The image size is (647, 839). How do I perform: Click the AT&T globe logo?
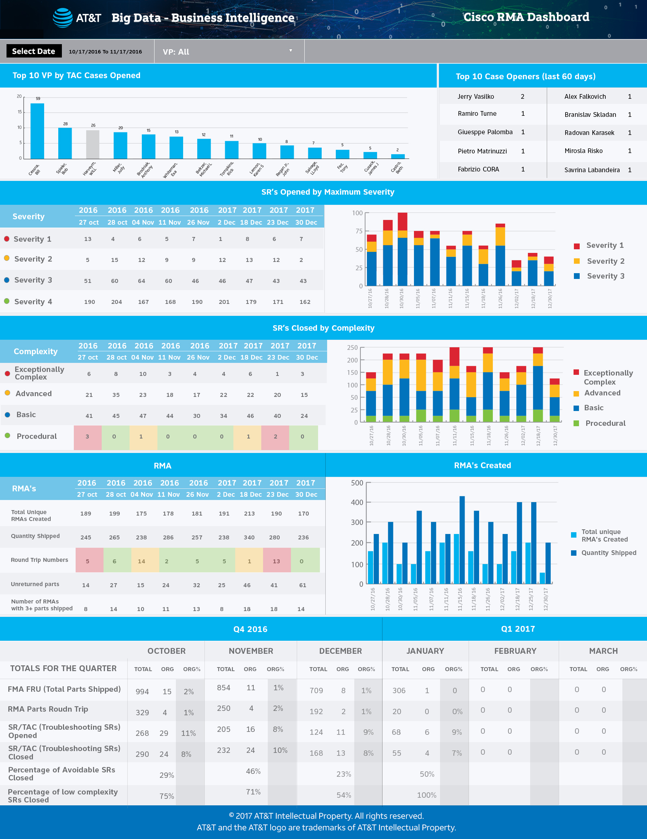[63, 18]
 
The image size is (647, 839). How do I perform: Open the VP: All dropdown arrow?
[291, 51]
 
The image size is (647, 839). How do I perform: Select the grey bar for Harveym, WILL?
[93, 144]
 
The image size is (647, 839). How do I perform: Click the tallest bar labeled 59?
[37, 131]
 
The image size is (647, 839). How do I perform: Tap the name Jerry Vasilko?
[475, 97]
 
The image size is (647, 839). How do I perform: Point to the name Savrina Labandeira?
[592, 170]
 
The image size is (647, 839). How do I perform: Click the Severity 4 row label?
[33, 302]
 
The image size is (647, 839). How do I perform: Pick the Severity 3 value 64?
[141, 281]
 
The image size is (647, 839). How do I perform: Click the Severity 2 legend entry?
[605, 261]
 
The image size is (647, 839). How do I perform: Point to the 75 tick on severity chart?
[359, 231]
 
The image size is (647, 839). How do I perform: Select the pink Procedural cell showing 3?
[88, 437]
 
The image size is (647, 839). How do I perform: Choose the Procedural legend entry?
[605, 423]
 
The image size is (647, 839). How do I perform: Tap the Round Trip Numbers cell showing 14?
[141, 561]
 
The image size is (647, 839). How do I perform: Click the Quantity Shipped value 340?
[249, 537]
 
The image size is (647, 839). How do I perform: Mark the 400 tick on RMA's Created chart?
[356, 502]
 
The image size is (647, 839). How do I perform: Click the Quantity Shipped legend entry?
[608, 553]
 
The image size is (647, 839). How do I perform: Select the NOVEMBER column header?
[251, 651]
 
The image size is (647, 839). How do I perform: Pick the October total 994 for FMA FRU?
[142, 691]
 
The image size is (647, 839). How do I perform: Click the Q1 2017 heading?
[517, 629]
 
